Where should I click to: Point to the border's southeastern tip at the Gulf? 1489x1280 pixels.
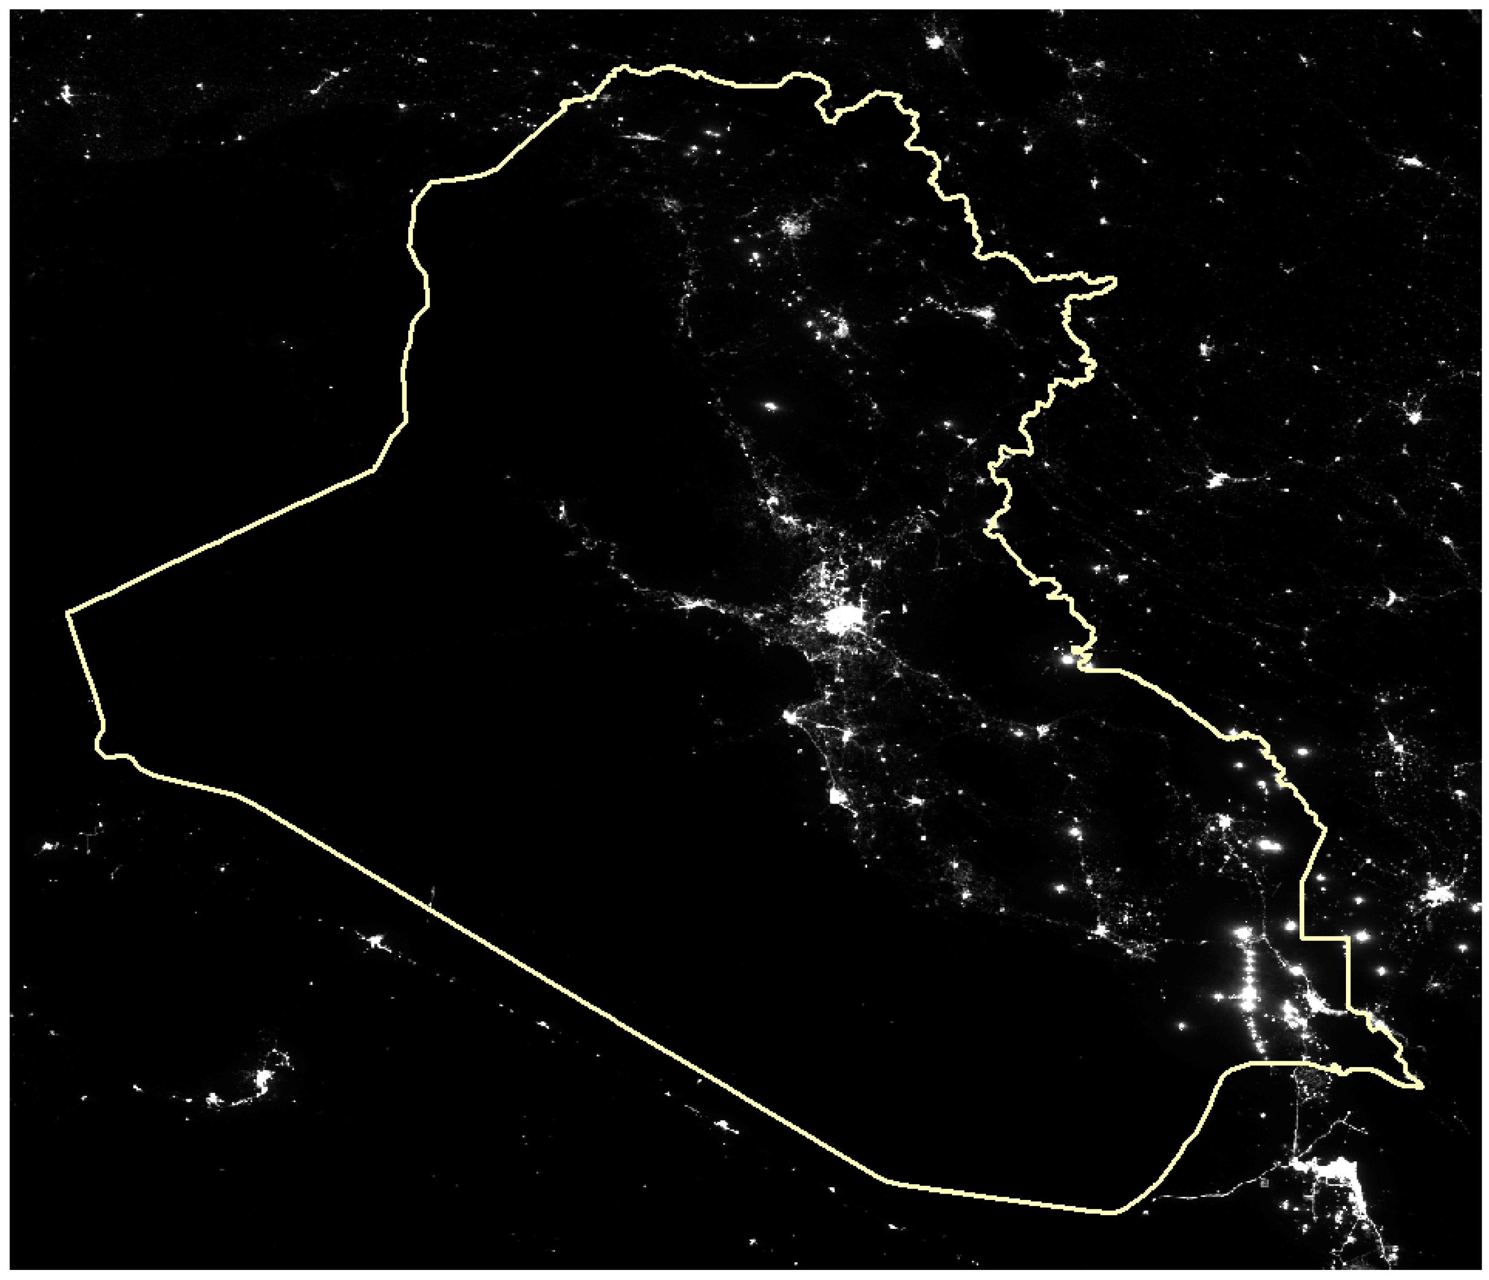[x=1421, y=1107]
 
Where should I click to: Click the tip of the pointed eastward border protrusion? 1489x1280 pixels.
[x=1115, y=279]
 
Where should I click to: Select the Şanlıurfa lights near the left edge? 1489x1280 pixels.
[x=67, y=93]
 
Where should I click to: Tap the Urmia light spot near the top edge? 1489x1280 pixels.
[x=934, y=42]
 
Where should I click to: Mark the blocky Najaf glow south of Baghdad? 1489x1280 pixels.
[x=835, y=795]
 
